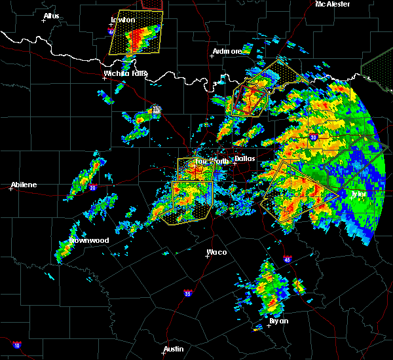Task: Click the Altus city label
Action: tap(51, 16)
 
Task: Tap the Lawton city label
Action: tap(122, 20)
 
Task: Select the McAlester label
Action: tap(332, 4)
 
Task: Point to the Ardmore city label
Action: tap(227, 51)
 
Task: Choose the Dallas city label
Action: tap(245, 158)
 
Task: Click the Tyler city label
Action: tap(359, 194)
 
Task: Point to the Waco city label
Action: tap(216, 252)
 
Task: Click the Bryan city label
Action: tap(278, 321)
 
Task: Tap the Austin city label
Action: tap(174, 349)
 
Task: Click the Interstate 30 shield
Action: tap(313, 137)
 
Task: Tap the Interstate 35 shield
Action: tap(187, 293)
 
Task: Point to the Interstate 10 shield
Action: tap(16, 345)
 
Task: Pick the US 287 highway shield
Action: tap(157, 110)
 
